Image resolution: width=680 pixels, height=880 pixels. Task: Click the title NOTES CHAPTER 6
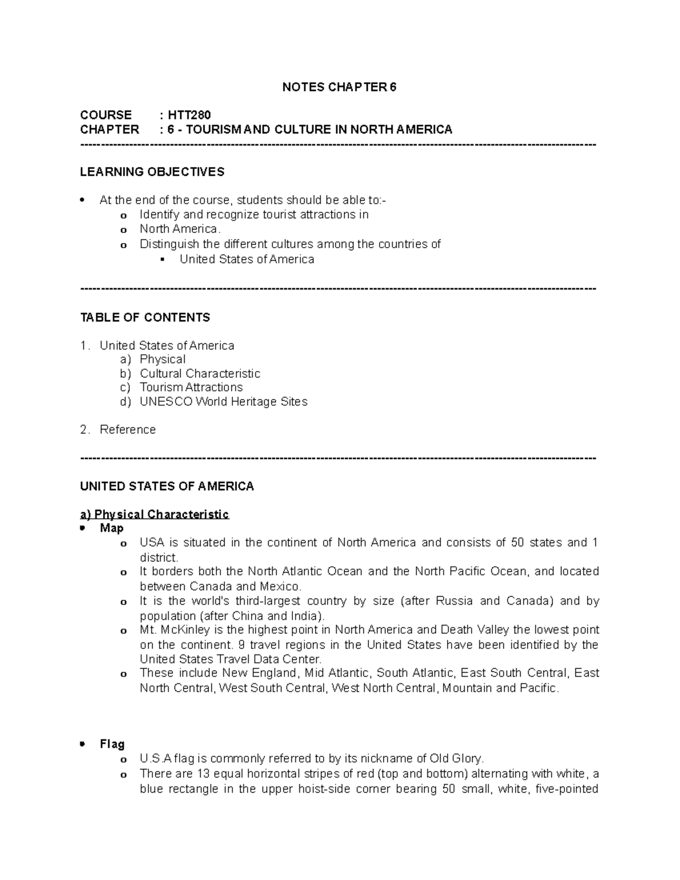(339, 87)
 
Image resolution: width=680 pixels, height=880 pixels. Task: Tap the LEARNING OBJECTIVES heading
(152, 172)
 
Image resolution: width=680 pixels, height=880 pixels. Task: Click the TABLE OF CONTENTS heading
(145, 317)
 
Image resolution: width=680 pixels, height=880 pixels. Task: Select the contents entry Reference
(127, 430)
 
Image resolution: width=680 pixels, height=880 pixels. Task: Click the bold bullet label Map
(112, 528)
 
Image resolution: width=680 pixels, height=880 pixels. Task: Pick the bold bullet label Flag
(112, 744)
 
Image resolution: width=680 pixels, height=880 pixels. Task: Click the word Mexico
(280, 586)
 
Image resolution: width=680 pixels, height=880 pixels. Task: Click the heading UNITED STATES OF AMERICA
(167, 486)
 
